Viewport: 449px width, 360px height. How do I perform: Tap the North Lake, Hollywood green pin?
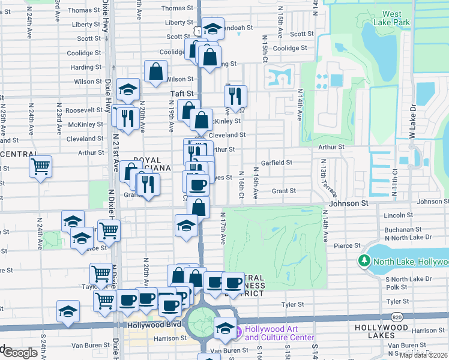(x=364, y=261)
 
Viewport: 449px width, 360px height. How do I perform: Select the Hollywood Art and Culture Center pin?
(x=238, y=332)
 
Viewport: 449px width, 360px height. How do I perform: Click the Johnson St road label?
(x=347, y=203)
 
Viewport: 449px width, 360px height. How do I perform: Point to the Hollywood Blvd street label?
(x=154, y=325)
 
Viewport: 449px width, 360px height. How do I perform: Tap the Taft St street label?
(x=182, y=94)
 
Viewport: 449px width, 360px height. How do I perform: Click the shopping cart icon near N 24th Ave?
(x=41, y=166)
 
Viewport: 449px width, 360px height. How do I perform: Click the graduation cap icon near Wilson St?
(x=128, y=89)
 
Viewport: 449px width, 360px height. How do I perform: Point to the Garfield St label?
(x=276, y=163)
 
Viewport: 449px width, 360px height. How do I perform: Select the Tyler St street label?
(x=294, y=305)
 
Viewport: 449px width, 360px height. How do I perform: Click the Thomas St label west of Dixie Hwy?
(x=80, y=10)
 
